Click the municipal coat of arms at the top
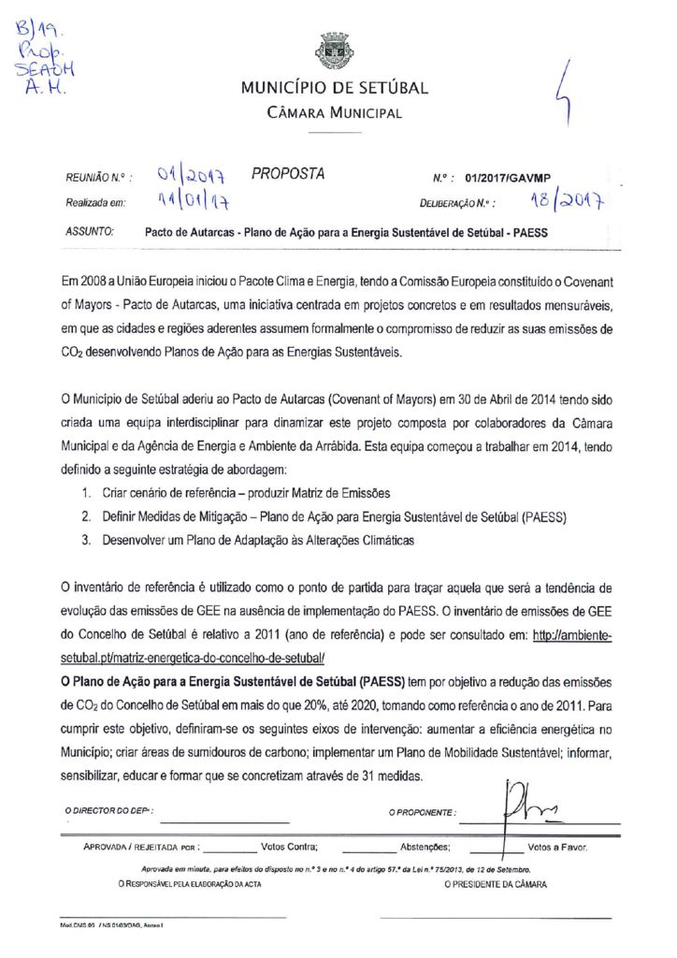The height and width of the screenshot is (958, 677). click(x=334, y=51)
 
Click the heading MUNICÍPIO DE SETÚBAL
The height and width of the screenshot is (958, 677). click(x=334, y=90)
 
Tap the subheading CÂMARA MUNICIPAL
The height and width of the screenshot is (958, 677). click(x=334, y=114)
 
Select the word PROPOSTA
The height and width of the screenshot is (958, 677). click(x=288, y=174)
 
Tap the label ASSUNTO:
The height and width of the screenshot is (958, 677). click(x=91, y=230)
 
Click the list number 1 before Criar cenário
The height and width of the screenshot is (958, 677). click(x=85, y=492)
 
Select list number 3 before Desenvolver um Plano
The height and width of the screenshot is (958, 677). click(x=85, y=540)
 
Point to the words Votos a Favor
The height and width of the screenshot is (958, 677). click(x=557, y=847)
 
